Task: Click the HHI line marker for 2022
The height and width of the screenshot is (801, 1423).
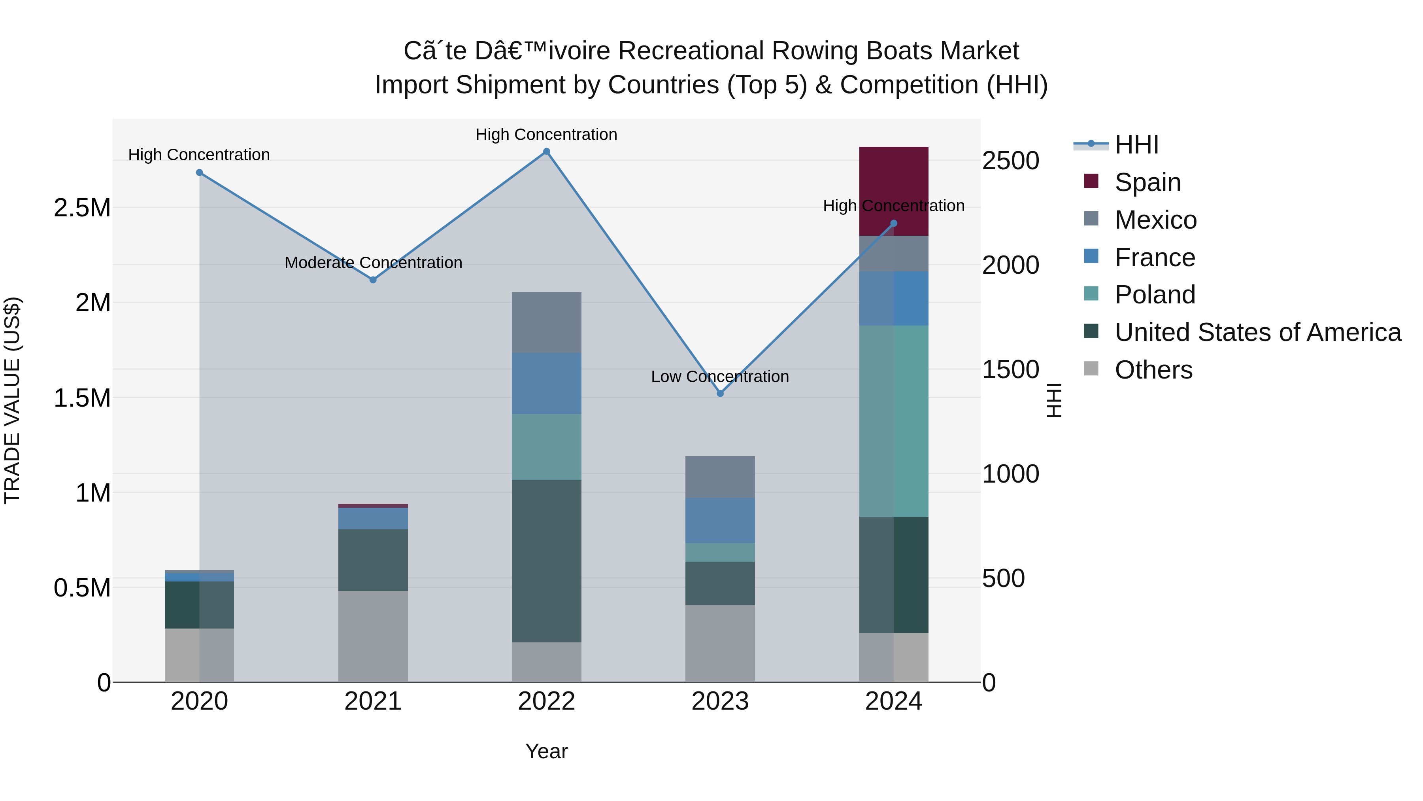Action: pyautogui.click(x=546, y=151)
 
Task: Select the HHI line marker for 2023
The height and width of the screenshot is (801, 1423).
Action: pyautogui.click(x=720, y=394)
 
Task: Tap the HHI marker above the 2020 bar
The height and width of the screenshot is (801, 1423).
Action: pyautogui.click(x=200, y=172)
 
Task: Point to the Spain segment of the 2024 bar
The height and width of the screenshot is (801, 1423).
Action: pyautogui.click(x=893, y=191)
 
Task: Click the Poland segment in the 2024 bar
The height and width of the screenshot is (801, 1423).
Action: pyautogui.click(x=893, y=421)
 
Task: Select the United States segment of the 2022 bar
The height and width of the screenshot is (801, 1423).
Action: pyautogui.click(x=546, y=561)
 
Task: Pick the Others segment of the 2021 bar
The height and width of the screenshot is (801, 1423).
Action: pyautogui.click(x=373, y=636)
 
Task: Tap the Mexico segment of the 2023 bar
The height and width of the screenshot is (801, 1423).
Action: pyautogui.click(x=720, y=477)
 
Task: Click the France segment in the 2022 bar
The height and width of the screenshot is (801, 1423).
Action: pyautogui.click(x=546, y=383)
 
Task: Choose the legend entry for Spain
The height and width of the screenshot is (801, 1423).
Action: pyautogui.click(x=1147, y=182)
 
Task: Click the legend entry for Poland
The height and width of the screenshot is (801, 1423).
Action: pyautogui.click(x=1155, y=295)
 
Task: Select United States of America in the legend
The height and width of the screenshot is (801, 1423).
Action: pyautogui.click(x=1257, y=332)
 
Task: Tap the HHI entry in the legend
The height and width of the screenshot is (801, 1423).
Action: pyautogui.click(x=1136, y=145)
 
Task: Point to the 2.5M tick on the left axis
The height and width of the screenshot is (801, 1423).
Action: pyautogui.click(x=82, y=208)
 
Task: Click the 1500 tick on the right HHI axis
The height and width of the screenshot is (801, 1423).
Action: pyautogui.click(x=1010, y=369)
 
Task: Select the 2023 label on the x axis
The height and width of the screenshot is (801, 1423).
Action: pyautogui.click(x=720, y=701)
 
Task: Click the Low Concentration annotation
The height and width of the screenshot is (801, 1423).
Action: pyautogui.click(x=720, y=377)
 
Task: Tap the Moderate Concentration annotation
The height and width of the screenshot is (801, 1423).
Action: pyautogui.click(x=373, y=263)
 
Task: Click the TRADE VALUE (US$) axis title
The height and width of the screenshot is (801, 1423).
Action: pyautogui.click(x=12, y=400)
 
